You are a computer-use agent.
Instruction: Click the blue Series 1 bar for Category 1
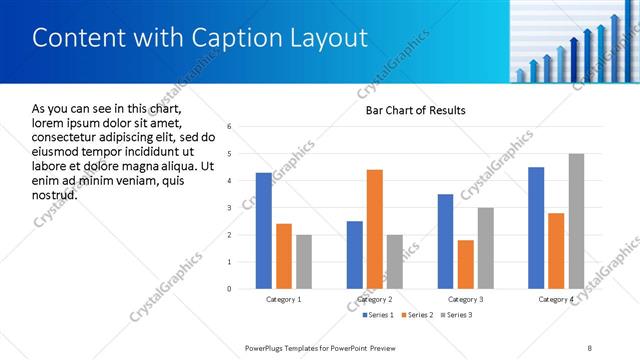click(x=263, y=231)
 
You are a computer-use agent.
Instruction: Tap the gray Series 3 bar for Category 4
click(x=576, y=221)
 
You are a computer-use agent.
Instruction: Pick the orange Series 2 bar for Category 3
click(x=465, y=264)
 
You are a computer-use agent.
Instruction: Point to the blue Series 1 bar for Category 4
click(x=536, y=228)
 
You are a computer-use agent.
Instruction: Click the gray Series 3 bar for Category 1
click(x=303, y=262)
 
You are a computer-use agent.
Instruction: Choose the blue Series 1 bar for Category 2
click(x=355, y=255)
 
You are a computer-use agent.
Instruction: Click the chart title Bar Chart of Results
click(x=415, y=110)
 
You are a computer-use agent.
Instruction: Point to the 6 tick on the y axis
click(x=230, y=127)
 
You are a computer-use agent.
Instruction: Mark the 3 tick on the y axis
click(x=230, y=208)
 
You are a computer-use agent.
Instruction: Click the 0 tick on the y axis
click(x=230, y=289)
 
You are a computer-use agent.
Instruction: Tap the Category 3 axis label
click(x=465, y=299)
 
